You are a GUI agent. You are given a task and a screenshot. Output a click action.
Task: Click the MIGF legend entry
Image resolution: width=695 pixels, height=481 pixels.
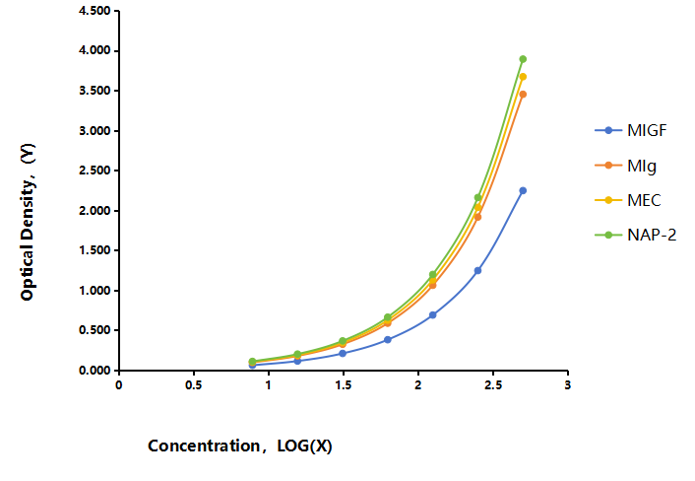(x=631, y=130)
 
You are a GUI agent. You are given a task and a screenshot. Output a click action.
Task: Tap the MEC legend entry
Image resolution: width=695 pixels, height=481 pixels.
(x=628, y=200)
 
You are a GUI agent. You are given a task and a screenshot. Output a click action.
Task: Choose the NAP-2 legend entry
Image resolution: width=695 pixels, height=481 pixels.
(x=636, y=235)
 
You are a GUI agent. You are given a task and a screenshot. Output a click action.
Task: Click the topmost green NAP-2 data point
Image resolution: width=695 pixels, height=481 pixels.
(x=523, y=59)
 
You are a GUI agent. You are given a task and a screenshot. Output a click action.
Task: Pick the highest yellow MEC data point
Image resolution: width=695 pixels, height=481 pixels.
(x=523, y=77)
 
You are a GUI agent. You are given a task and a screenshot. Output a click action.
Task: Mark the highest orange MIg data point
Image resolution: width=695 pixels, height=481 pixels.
(x=523, y=95)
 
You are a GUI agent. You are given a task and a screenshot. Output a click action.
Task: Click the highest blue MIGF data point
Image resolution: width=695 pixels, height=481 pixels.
(x=523, y=190)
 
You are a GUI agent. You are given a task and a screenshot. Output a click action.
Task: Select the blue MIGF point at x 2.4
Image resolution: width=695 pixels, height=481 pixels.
(x=477, y=270)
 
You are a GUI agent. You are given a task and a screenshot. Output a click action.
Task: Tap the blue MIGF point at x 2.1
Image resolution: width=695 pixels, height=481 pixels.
(x=433, y=315)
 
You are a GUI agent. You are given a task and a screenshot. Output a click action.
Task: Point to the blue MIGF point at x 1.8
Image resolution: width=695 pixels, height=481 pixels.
(x=388, y=340)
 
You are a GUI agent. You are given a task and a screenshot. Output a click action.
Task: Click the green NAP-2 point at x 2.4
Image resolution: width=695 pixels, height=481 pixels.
(x=477, y=197)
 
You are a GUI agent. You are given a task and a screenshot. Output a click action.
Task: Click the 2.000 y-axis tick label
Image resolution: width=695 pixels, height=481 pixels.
(x=95, y=210)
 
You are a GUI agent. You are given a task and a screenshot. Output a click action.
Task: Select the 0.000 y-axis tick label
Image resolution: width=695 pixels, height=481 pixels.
(x=95, y=370)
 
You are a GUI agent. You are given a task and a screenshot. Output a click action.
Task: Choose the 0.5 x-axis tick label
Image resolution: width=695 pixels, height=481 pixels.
(x=194, y=385)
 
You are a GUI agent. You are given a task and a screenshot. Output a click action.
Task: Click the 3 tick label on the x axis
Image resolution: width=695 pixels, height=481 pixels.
(x=568, y=385)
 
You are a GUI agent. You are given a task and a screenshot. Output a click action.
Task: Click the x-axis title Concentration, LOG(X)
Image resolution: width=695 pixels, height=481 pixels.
(x=240, y=446)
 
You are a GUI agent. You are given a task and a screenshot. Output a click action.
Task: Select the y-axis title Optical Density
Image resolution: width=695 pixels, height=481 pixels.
(x=28, y=222)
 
